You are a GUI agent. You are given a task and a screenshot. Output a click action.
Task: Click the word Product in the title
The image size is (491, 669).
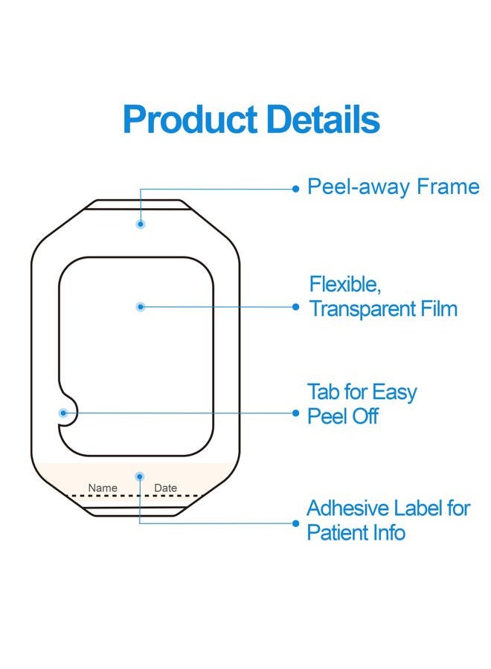click(x=190, y=120)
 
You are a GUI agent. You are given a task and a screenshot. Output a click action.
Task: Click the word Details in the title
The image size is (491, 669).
click(x=324, y=119)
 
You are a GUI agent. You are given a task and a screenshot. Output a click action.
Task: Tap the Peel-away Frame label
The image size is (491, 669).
click(x=394, y=187)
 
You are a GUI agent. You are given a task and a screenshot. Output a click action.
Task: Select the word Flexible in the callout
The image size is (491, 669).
click(x=345, y=285)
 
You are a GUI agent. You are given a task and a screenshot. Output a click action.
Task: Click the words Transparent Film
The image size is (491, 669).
click(x=383, y=309)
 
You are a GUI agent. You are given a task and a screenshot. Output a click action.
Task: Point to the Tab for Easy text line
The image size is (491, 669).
click(x=362, y=392)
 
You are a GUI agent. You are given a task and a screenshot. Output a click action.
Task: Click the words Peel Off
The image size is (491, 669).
click(x=343, y=416)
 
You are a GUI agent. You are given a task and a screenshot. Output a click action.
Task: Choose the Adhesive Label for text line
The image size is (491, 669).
click(x=388, y=508)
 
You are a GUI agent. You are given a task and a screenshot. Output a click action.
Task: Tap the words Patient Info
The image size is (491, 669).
click(x=356, y=532)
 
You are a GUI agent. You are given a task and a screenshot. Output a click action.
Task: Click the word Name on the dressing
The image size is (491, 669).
click(x=103, y=488)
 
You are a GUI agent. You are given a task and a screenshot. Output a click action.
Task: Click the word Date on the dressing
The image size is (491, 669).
click(x=165, y=488)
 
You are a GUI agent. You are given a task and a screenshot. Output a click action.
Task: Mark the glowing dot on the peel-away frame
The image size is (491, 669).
click(x=141, y=224)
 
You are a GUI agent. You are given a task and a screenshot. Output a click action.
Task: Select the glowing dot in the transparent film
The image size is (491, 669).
click(x=141, y=307)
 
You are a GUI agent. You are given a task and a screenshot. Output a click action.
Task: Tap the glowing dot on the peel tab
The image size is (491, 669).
click(x=63, y=413)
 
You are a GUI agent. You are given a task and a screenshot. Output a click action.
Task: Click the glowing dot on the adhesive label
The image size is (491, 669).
click(x=140, y=476)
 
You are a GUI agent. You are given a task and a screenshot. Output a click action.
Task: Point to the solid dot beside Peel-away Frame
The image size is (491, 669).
click(x=296, y=189)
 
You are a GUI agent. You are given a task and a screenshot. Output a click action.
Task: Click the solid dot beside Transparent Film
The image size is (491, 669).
click(x=296, y=307)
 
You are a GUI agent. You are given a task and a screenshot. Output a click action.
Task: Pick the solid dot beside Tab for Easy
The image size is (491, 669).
click(x=296, y=413)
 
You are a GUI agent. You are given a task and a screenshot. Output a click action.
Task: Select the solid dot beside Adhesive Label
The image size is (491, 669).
click(x=296, y=523)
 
